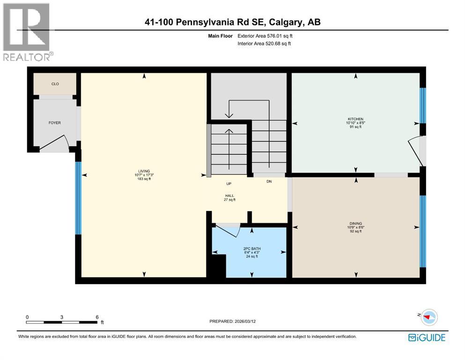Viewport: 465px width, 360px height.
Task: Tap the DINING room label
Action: click(356, 224)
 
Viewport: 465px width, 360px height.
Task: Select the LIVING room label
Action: click(144, 171)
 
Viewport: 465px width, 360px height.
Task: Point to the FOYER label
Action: click(55, 123)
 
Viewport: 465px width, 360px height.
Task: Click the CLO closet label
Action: click(55, 84)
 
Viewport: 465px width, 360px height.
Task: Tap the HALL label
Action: click(229, 196)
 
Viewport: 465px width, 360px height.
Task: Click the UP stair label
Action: click(229, 184)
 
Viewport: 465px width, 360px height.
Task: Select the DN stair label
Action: click(269, 181)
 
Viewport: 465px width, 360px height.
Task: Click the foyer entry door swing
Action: click(55, 142)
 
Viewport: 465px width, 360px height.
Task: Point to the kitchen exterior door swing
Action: click(416, 150)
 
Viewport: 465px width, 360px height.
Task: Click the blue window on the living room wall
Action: click(79, 198)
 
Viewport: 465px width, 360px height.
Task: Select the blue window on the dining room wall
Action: click(423, 231)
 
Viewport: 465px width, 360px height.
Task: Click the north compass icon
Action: click(428, 317)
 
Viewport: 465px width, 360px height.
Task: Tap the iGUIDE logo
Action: click(426, 337)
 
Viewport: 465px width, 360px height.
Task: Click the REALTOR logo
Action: click(27, 32)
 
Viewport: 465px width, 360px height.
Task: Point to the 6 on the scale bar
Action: click(97, 317)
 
